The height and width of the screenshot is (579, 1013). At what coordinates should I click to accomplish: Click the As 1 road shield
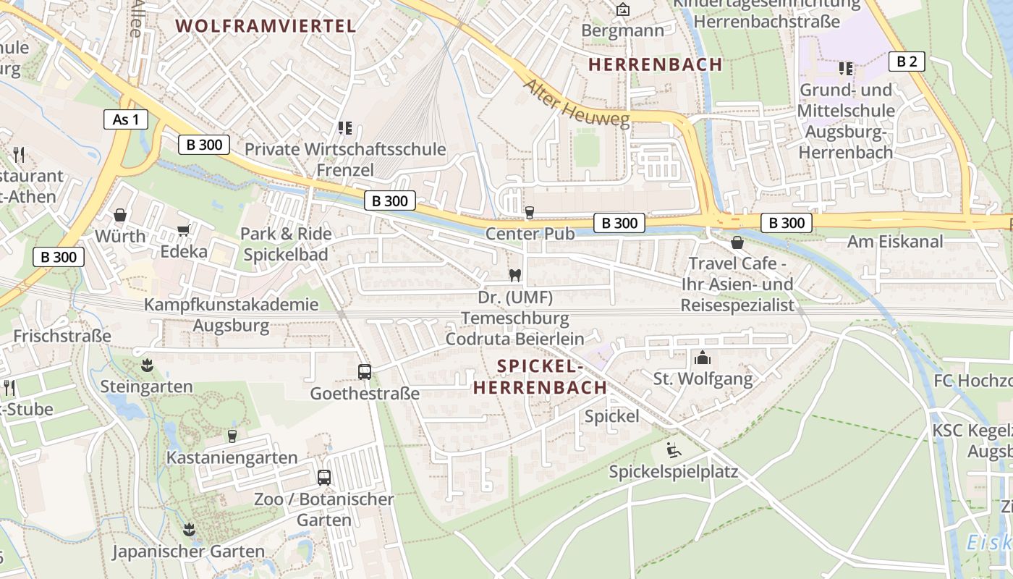coord(126,119)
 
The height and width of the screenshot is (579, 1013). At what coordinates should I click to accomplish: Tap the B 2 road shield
coord(907,62)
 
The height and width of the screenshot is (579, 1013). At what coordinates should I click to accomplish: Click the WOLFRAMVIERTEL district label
coord(266,26)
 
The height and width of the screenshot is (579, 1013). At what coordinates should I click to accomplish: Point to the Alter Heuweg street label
coord(576,103)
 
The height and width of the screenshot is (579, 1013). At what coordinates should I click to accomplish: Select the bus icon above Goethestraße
coord(365,372)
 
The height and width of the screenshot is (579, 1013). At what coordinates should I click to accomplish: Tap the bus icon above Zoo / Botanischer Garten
coord(324,478)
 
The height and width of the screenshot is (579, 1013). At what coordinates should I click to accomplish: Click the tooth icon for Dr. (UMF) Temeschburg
coord(515,275)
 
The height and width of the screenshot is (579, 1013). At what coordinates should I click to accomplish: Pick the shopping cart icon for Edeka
coord(184,230)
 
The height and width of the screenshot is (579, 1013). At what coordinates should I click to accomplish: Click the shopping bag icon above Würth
coord(120,215)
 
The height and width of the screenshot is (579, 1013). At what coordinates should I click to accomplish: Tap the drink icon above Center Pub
coord(530,212)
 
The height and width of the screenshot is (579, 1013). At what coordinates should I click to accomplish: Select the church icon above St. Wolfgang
coord(703,357)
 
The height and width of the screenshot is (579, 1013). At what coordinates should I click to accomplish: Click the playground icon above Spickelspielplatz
coord(674,450)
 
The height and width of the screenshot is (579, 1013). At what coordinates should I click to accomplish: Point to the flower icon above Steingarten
coord(147,365)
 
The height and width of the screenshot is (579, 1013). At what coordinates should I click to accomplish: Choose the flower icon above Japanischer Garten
coord(189,529)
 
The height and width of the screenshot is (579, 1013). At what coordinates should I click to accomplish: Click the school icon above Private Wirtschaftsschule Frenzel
coord(345,128)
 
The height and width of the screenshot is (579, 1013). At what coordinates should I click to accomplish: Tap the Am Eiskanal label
coord(895,242)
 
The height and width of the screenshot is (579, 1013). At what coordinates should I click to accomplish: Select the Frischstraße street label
coord(62,336)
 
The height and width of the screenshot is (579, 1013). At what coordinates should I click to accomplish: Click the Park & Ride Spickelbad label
coord(286,244)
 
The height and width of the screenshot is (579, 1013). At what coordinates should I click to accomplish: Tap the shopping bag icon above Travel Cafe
coord(737,242)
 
